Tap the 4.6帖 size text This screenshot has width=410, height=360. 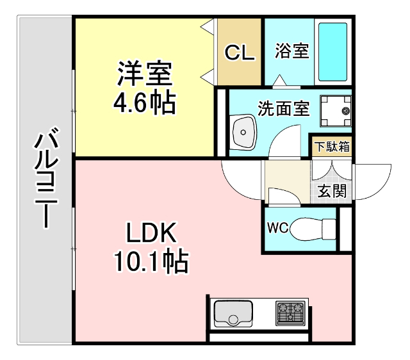(x=145, y=102)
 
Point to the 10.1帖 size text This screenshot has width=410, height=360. (x=151, y=261)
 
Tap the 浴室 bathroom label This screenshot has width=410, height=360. (x=292, y=51)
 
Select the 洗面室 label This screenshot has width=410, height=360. (x=283, y=108)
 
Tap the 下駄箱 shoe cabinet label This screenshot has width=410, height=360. (x=332, y=145)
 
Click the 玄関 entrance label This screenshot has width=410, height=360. (x=332, y=190)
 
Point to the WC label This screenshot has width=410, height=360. (x=277, y=227)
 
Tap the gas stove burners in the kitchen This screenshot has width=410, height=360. (x=292, y=313)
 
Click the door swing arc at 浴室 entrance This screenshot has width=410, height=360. (x=280, y=81)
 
